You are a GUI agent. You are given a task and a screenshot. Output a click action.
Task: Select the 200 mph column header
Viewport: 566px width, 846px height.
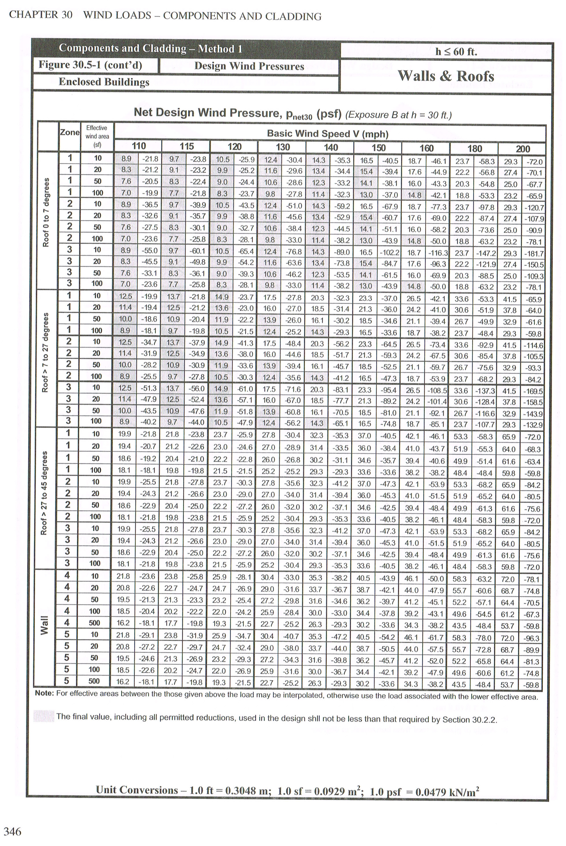point(522,149)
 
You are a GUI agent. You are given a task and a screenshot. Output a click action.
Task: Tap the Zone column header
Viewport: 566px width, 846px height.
point(70,132)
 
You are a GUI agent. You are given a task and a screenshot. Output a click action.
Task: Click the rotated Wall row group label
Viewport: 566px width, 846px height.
point(44,625)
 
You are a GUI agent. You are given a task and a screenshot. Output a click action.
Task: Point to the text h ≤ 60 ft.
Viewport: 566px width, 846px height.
point(456,52)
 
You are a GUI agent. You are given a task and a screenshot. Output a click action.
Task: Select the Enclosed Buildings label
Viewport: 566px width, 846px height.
point(104,82)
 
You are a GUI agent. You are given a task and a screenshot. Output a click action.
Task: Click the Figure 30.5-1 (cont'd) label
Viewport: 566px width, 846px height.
point(90,65)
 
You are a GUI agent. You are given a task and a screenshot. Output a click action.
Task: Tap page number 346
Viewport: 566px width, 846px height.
point(12,832)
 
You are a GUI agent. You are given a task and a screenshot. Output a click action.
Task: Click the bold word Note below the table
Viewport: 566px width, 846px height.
point(44,694)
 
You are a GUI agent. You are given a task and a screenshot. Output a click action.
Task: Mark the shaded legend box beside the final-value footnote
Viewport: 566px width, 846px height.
point(43,716)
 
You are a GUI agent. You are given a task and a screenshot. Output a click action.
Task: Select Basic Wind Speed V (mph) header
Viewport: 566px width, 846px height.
point(327,134)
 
